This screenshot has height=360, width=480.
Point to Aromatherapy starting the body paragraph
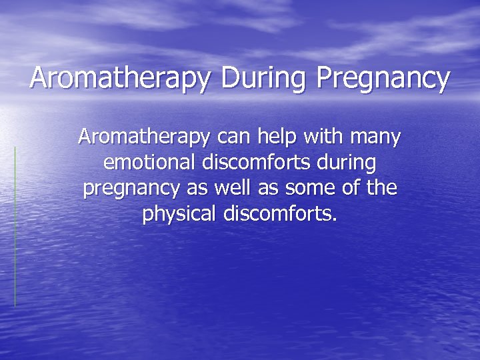tap(143, 138)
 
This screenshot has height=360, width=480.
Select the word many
tap(377, 138)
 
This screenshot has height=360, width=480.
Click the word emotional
tap(147, 162)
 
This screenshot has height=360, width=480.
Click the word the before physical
tap(381, 187)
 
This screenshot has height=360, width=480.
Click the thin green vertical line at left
tap(15, 227)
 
